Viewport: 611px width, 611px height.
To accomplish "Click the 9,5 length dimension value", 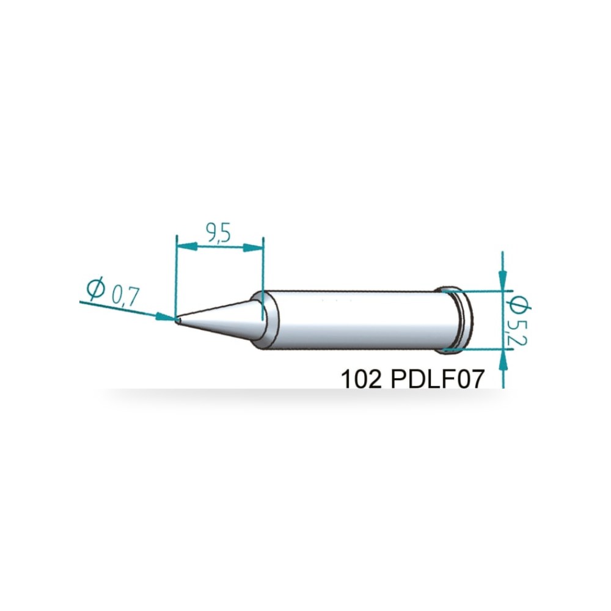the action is pos(219,233).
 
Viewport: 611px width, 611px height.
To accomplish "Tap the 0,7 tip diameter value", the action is pos(125,296).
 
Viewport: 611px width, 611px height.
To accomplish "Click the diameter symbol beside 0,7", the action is pos(96,289).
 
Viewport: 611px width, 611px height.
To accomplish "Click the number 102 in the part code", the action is pos(361,378).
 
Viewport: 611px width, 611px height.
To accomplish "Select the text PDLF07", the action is pos(437,378).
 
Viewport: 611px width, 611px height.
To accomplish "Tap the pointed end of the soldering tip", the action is pos(177,320).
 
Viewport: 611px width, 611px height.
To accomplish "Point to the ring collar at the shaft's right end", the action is pos(460,320).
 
